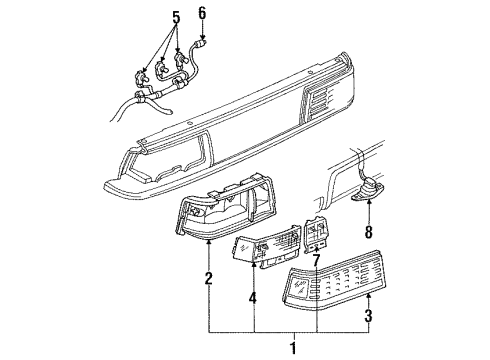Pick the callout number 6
[x=201, y=12]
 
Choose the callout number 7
[x=317, y=261]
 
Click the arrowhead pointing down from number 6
[x=201, y=34]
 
